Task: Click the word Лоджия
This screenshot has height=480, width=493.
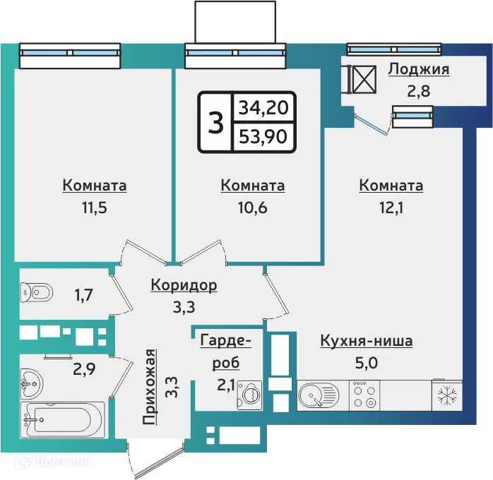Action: tap(418, 70)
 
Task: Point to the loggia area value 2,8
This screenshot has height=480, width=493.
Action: tap(418, 90)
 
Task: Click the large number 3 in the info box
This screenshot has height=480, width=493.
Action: tap(215, 123)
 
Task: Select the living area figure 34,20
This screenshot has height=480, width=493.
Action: tap(263, 109)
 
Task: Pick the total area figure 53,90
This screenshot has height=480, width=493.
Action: tap(263, 136)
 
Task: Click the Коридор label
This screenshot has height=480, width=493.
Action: tap(184, 285)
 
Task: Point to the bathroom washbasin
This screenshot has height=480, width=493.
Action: tap(31, 383)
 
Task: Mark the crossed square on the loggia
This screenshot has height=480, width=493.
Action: tap(364, 78)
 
